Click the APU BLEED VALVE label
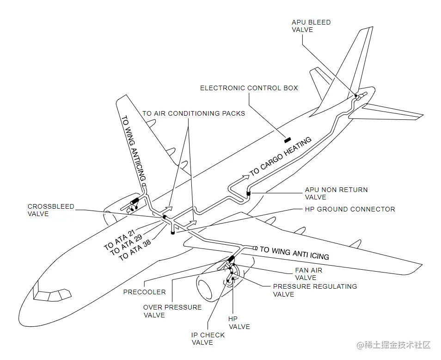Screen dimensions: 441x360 coord(311,26)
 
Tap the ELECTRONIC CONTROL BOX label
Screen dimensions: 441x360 coord(249,88)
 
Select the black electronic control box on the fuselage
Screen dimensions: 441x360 coord(287,140)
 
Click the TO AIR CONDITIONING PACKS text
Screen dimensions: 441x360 coord(194,113)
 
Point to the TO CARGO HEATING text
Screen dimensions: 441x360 coord(281,156)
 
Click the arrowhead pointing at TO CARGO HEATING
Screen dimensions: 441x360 coord(246,177)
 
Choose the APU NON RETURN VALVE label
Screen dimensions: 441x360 coord(336,193)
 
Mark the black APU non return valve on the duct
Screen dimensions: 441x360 coord(249,193)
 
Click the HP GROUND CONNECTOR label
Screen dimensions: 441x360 coord(350,209)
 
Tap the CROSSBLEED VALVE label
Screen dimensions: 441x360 coord(51,210)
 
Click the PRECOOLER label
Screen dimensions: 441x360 coord(145,292)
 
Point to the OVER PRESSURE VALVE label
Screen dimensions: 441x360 coord(172,311)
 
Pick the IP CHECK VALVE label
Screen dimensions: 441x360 coord(208,339)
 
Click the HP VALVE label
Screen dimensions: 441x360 coord(239,323)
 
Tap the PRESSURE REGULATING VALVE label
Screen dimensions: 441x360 coord(315,290)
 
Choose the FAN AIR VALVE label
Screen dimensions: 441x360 coord(308,274)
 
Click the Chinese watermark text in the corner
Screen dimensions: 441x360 coord(393,345)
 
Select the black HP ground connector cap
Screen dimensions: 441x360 coord(173,233)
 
